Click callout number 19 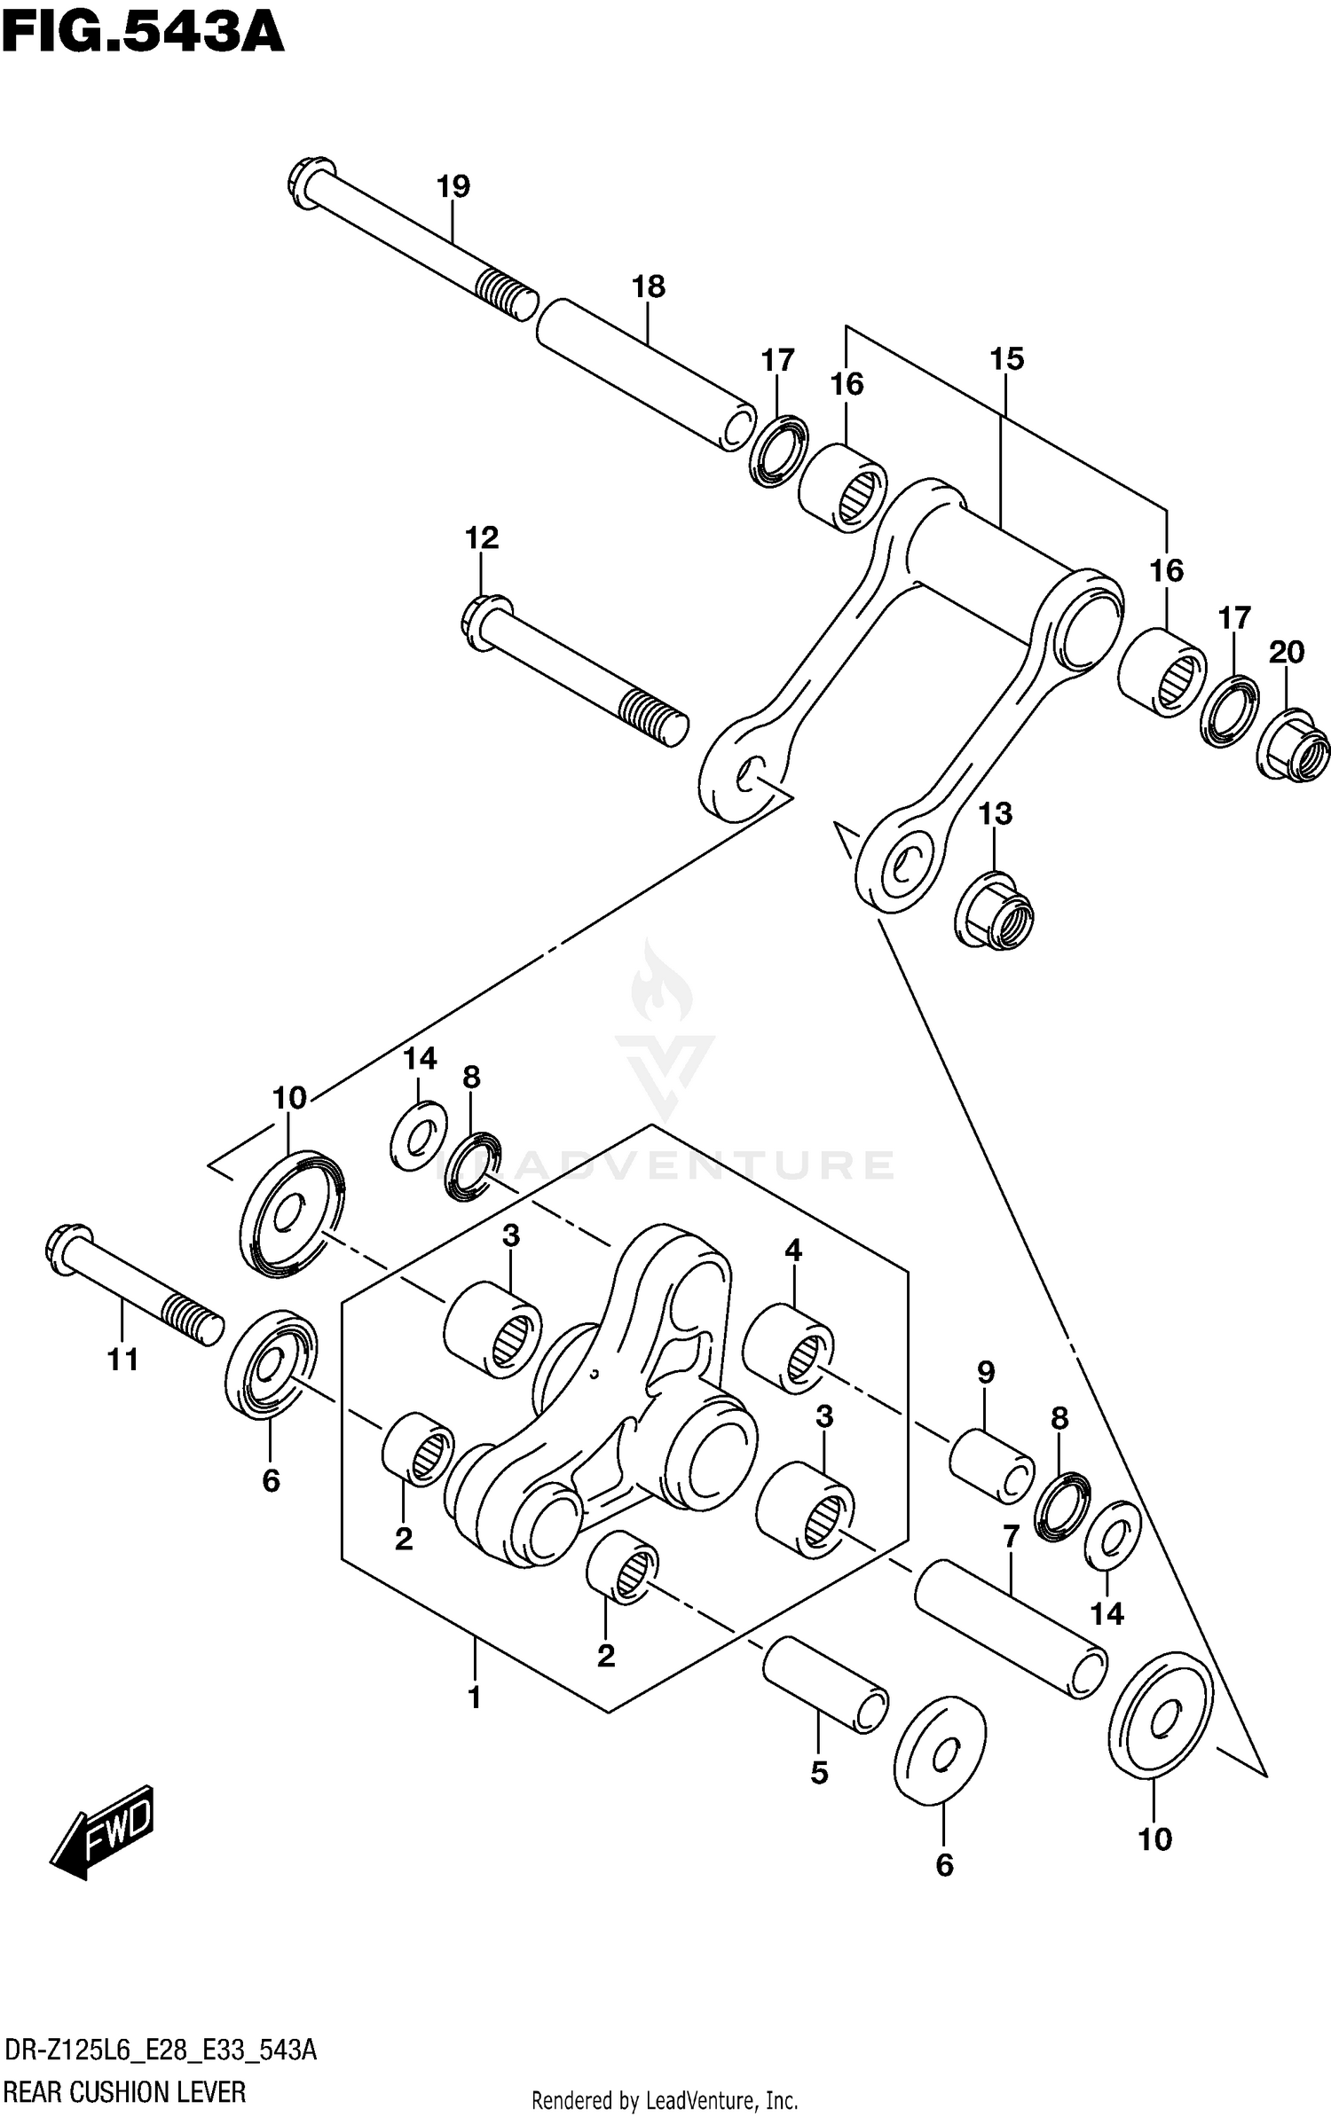[x=453, y=187]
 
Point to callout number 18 [x=648, y=287]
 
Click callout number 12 [x=482, y=537]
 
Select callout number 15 [x=1006, y=359]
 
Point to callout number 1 [x=474, y=1698]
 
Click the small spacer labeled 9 [x=991, y=1465]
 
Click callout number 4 [x=792, y=1251]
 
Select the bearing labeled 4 [x=788, y=1348]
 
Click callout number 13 [x=995, y=814]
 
